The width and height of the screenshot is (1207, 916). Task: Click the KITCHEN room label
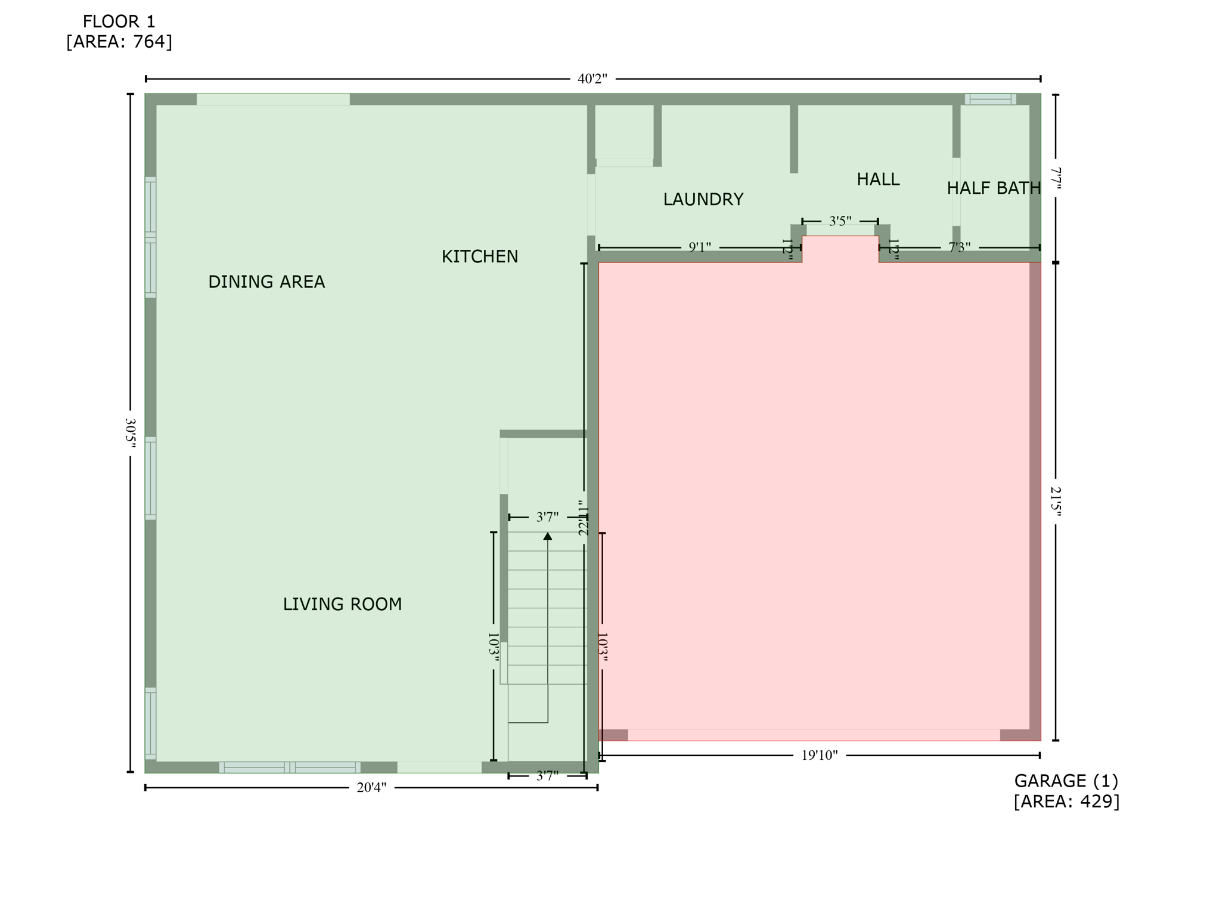[x=479, y=256]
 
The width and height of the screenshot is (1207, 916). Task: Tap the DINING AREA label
[x=266, y=281]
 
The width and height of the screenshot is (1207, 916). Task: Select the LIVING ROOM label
[x=342, y=604]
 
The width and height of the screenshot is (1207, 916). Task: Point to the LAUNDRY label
[x=703, y=199]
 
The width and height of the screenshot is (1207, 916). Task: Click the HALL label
[x=877, y=179]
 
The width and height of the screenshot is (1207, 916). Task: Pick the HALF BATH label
[x=993, y=188]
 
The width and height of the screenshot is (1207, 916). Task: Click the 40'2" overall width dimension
[x=592, y=79]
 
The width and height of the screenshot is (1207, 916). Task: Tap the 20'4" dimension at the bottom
[x=371, y=788]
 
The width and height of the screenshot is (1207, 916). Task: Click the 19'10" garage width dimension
[x=819, y=756]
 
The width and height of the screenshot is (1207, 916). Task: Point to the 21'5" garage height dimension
[x=1056, y=501]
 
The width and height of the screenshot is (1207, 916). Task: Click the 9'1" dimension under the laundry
[x=699, y=247]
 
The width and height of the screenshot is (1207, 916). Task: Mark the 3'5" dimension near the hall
[x=840, y=221]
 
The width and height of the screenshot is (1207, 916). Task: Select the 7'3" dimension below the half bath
[x=959, y=247]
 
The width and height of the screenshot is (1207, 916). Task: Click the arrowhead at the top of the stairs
[x=547, y=536]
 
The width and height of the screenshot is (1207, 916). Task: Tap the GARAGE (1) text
[x=1066, y=781]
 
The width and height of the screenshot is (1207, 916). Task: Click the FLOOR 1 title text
[x=119, y=21]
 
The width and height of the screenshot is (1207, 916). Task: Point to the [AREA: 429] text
[x=1066, y=801]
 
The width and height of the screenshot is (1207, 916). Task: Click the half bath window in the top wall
[x=990, y=99]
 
